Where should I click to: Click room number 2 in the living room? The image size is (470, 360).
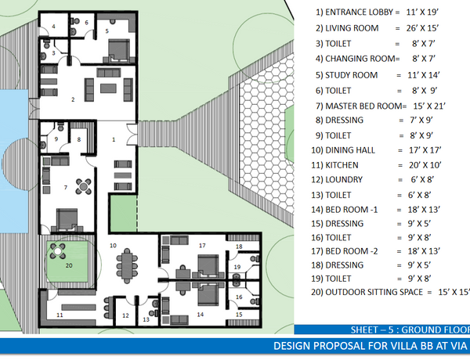pyautogui.click(x=73, y=99)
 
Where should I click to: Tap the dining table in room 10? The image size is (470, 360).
pyautogui.click(x=128, y=266)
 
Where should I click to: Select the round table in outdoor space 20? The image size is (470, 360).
pyautogui.click(x=58, y=251)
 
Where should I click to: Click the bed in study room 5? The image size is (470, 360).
pyautogui.click(x=119, y=50)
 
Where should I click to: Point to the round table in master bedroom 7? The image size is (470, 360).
pyautogui.click(x=84, y=186)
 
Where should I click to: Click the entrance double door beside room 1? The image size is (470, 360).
pyautogui.click(x=132, y=135)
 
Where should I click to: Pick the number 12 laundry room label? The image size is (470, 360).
pyautogui.click(x=125, y=315)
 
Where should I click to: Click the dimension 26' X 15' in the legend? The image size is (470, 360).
pyautogui.click(x=422, y=28)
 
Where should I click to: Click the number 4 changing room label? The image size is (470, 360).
pyautogui.click(x=53, y=27)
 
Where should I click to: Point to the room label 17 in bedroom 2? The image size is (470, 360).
pyautogui.click(x=202, y=246)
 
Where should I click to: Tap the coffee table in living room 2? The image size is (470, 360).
pyautogui.click(x=108, y=88)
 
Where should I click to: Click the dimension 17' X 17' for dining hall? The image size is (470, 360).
pyautogui.click(x=425, y=150)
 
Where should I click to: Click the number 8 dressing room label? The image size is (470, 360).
pyautogui.click(x=79, y=139)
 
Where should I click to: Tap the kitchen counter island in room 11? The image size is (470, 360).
pyautogui.click(x=78, y=308)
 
